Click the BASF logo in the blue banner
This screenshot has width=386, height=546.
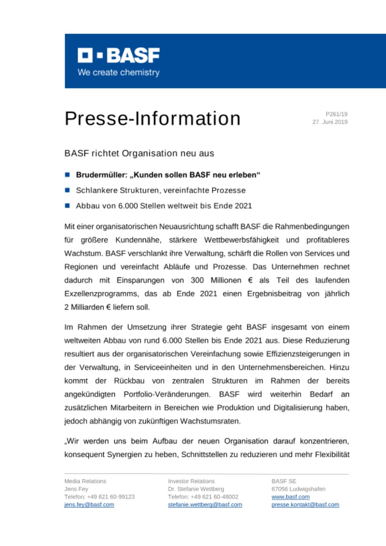tap(119, 55)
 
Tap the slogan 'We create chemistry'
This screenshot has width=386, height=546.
tap(119, 73)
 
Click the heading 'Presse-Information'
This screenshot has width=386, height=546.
tap(152, 119)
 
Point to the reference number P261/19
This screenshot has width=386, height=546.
tap(337, 114)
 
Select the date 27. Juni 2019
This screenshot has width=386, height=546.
tap(330, 122)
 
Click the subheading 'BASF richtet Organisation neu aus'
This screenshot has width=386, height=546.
tap(139, 152)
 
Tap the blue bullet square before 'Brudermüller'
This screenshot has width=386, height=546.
tap(67, 175)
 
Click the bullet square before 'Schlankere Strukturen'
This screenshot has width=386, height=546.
tap(67, 190)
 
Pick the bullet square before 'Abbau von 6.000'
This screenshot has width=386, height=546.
tap(67, 206)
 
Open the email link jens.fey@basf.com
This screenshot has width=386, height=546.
tap(89, 504)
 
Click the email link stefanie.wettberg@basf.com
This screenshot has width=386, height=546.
tap(205, 504)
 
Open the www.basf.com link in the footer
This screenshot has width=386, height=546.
tap(290, 497)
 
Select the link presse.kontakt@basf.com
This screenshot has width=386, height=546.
tap(305, 504)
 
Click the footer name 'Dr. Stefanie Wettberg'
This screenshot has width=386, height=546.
tap(196, 489)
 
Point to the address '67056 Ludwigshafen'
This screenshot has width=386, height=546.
tap(298, 489)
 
